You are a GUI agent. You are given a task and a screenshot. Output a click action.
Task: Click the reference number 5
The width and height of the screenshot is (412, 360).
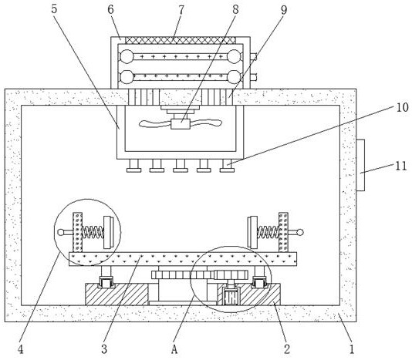coord(54,9)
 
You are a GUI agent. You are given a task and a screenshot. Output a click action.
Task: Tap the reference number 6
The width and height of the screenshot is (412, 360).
coord(110,9)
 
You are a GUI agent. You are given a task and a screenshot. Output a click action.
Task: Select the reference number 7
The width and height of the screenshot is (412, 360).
coord(181,10)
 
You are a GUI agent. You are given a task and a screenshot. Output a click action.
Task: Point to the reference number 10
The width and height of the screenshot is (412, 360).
coord(403,107)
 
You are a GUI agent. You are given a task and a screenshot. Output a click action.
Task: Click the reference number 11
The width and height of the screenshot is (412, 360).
coord(401,166)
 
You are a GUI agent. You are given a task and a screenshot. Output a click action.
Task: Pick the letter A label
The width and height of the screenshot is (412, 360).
coord(174,349)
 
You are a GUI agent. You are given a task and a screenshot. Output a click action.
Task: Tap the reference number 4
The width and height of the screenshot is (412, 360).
coord(21,349)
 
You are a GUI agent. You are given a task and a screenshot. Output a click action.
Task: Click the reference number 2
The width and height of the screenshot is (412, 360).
coord(287,349)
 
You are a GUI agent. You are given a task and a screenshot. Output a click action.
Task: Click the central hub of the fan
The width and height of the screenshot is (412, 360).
coord(181,124)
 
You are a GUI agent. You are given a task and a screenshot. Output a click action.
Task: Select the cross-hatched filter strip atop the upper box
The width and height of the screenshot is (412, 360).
coord(181,40)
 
